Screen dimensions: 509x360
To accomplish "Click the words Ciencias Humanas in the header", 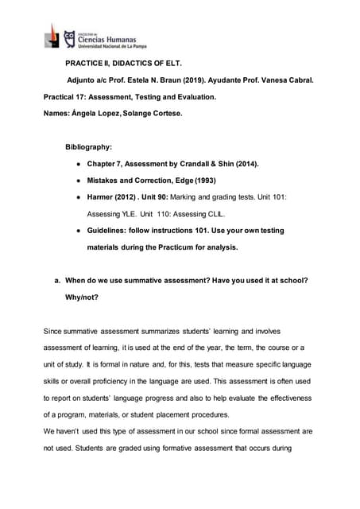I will [x=106, y=39].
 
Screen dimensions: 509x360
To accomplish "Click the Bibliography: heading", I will [x=89, y=147].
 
